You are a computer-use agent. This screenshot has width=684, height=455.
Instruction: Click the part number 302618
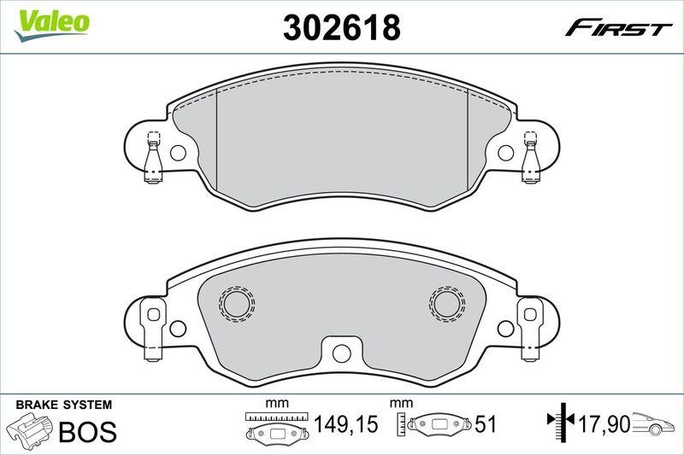point(341,29)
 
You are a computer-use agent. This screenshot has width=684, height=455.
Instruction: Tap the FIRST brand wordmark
point(616,29)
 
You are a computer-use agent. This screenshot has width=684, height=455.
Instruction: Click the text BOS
point(86,431)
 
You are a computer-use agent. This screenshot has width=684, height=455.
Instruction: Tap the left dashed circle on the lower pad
point(234,303)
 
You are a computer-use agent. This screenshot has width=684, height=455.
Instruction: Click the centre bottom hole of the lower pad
point(340,351)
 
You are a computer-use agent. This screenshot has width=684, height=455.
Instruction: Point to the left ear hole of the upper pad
point(178,154)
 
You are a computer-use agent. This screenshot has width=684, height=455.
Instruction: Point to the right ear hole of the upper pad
point(506,154)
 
